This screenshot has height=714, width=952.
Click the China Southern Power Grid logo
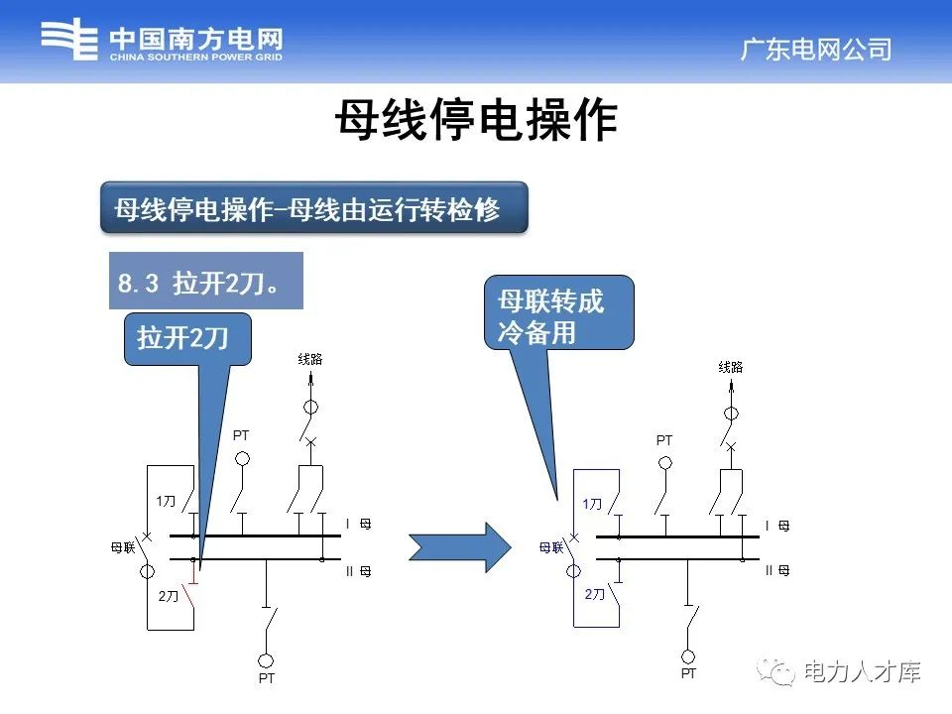pos(163,42)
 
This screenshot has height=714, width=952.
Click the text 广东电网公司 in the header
pos(816,50)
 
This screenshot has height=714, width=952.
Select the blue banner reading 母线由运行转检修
pos(313,208)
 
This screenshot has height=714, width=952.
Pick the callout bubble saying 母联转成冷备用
pos(558,313)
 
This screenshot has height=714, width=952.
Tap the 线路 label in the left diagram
pos(310,359)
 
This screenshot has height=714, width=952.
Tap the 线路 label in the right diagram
pos(730,367)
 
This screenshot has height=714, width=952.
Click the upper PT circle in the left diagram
pos(242,459)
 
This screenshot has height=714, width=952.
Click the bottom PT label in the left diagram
pos(266,678)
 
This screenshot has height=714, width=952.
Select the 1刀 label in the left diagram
pos(166,502)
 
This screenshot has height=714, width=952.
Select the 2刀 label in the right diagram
pos(594,594)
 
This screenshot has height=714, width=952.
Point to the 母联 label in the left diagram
pos(122,547)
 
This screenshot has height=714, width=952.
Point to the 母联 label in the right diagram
pos(550,546)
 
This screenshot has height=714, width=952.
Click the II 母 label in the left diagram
pos(357,572)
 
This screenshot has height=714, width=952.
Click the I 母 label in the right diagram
pos(776,526)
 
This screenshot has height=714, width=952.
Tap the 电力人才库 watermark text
pos(862,672)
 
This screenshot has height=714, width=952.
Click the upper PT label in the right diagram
pos(664,440)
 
